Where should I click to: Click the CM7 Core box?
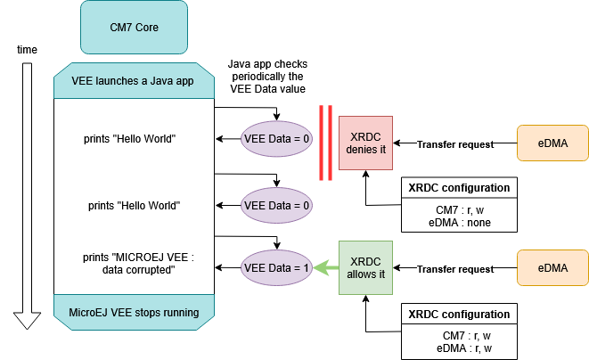(134, 27)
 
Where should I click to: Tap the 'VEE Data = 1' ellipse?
(276, 266)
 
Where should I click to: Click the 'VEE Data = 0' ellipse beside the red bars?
(276, 139)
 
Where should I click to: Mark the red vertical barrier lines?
(326, 143)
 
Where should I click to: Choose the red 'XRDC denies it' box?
(366, 142)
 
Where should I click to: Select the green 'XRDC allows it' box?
(366, 267)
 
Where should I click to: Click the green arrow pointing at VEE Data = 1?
(324, 266)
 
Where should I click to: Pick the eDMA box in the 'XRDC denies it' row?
(552, 143)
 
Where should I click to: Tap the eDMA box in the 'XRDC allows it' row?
(552, 267)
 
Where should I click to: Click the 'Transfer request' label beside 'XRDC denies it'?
(455, 144)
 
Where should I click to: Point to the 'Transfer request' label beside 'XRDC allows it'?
(455, 269)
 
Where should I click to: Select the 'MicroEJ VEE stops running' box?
(134, 313)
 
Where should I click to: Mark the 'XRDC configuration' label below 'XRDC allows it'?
(459, 314)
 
